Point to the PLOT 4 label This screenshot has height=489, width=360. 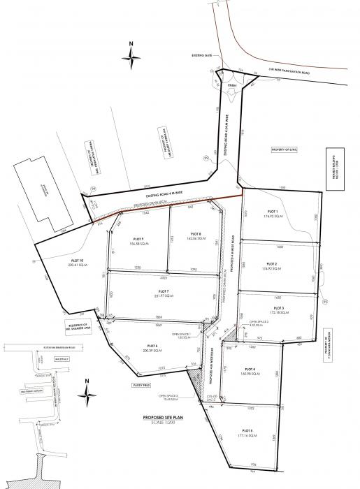coord(250,367)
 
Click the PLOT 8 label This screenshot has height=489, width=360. coord(196,233)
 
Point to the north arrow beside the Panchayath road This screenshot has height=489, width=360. coord(131,55)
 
